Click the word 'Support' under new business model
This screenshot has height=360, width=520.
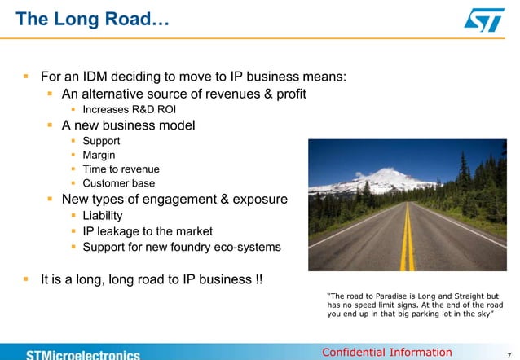pyautogui.click(x=101, y=141)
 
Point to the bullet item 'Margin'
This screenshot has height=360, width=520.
pyautogui.click(x=99, y=155)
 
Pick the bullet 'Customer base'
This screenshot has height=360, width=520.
pyautogui.click(x=118, y=183)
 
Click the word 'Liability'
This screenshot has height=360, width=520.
pyautogui.click(x=103, y=216)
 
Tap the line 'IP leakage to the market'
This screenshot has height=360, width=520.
pyautogui.click(x=148, y=230)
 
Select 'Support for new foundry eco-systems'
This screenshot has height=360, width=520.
pyautogui.click(x=181, y=246)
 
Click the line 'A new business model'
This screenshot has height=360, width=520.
pyautogui.click(x=128, y=125)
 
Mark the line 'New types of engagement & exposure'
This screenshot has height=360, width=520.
pyautogui.click(x=174, y=199)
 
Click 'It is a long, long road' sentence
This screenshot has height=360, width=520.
pyautogui.click(x=152, y=279)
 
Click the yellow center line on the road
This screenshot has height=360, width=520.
pyautogui.click(x=408, y=240)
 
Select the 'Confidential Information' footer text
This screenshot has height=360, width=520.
pyautogui.click(x=386, y=352)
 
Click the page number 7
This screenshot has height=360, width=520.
pyautogui.click(x=509, y=353)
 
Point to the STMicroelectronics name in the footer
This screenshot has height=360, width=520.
pyautogui.click(x=82, y=354)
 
